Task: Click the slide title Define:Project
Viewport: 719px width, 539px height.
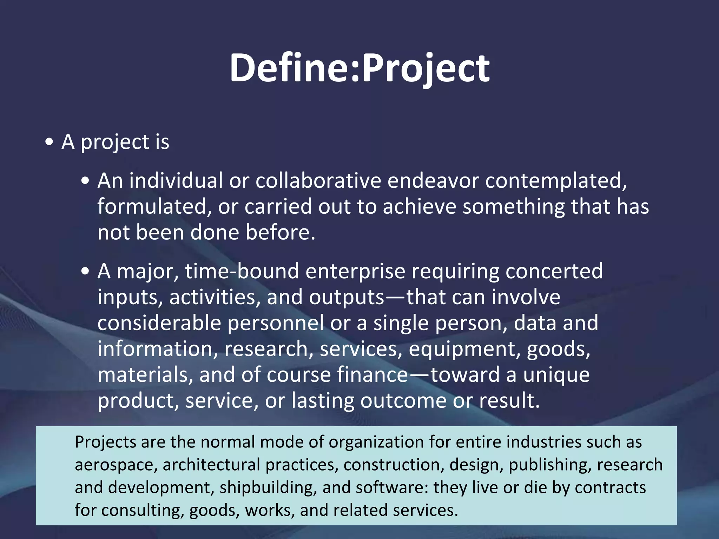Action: click(359, 67)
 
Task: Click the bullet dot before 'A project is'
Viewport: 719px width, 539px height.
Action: click(50, 142)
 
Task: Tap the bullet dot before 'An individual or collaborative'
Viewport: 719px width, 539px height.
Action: click(85, 181)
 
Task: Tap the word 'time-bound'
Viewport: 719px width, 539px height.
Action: click(242, 271)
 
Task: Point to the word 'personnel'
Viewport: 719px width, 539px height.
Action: click(276, 323)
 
